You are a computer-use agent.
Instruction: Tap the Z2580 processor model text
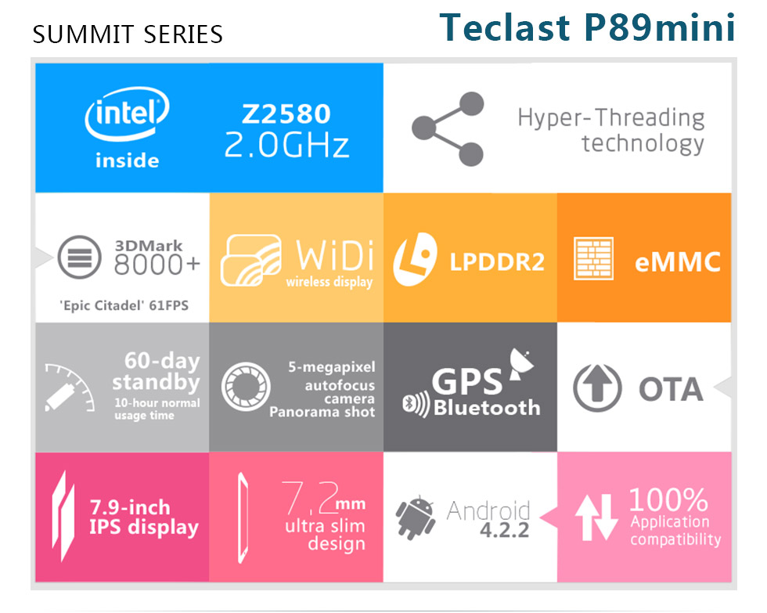coord(286,114)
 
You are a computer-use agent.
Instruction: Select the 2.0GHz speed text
coord(286,146)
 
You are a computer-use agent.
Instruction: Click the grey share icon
coord(448,128)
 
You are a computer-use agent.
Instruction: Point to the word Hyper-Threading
coord(611,118)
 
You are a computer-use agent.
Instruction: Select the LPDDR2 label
coord(497,262)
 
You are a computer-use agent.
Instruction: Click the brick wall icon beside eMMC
coord(593,259)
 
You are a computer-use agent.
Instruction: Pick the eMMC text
coord(678,262)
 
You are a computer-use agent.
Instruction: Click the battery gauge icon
coord(70,388)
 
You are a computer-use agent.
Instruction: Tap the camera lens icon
coord(246,387)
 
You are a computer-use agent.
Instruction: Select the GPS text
coord(466,382)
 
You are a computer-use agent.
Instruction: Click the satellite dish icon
coord(520,363)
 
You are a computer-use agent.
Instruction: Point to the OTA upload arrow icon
coord(597,388)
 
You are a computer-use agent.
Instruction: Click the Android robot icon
coord(416,517)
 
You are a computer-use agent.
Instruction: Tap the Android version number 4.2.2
coord(504,530)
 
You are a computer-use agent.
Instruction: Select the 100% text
coord(668,499)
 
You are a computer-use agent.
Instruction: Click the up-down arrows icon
coord(596,517)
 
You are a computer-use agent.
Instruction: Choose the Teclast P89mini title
coord(588,27)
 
